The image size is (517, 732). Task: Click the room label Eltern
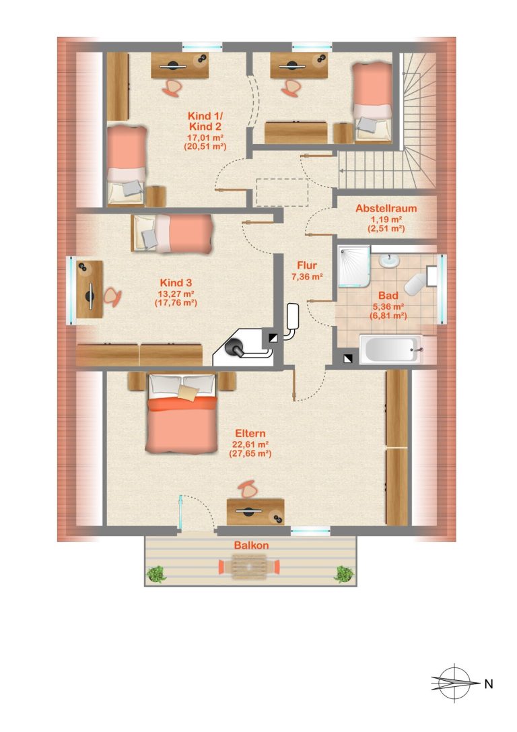tap(250, 433)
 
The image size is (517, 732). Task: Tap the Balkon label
tap(252, 545)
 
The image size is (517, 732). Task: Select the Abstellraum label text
tap(386, 209)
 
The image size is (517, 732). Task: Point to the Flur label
tap(307, 265)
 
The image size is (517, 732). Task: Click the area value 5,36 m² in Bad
tap(388, 306)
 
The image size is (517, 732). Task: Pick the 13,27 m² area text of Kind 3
tap(176, 293)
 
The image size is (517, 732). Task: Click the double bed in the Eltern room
tap(182, 413)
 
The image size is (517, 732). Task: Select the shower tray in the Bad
tap(353, 266)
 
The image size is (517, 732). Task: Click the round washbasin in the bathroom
tap(388, 261)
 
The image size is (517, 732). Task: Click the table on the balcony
tap(250, 567)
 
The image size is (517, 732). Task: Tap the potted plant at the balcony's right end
tap(344, 574)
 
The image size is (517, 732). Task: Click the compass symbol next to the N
tap(454, 683)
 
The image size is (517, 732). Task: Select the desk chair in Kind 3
tap(112, 296)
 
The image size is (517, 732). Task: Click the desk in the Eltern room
tap(255, 512)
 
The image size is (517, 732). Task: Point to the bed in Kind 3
tap(172, 233)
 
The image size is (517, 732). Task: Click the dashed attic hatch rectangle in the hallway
tap(282, 192)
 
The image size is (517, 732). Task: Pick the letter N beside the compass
tap(489, 684)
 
